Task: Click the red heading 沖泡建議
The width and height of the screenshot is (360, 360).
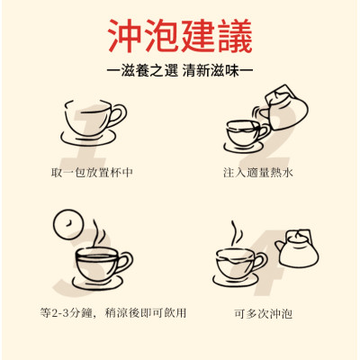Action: pos(179,38)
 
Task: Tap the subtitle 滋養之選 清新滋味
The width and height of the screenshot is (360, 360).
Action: pos(179,70)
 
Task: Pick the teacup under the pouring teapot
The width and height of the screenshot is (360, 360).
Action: pos(242,132)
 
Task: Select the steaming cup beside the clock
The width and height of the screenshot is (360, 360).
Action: pos(100,264)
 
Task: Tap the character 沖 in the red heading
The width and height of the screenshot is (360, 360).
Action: pos(122,38)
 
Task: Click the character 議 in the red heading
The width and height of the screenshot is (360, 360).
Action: pos(236,38)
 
